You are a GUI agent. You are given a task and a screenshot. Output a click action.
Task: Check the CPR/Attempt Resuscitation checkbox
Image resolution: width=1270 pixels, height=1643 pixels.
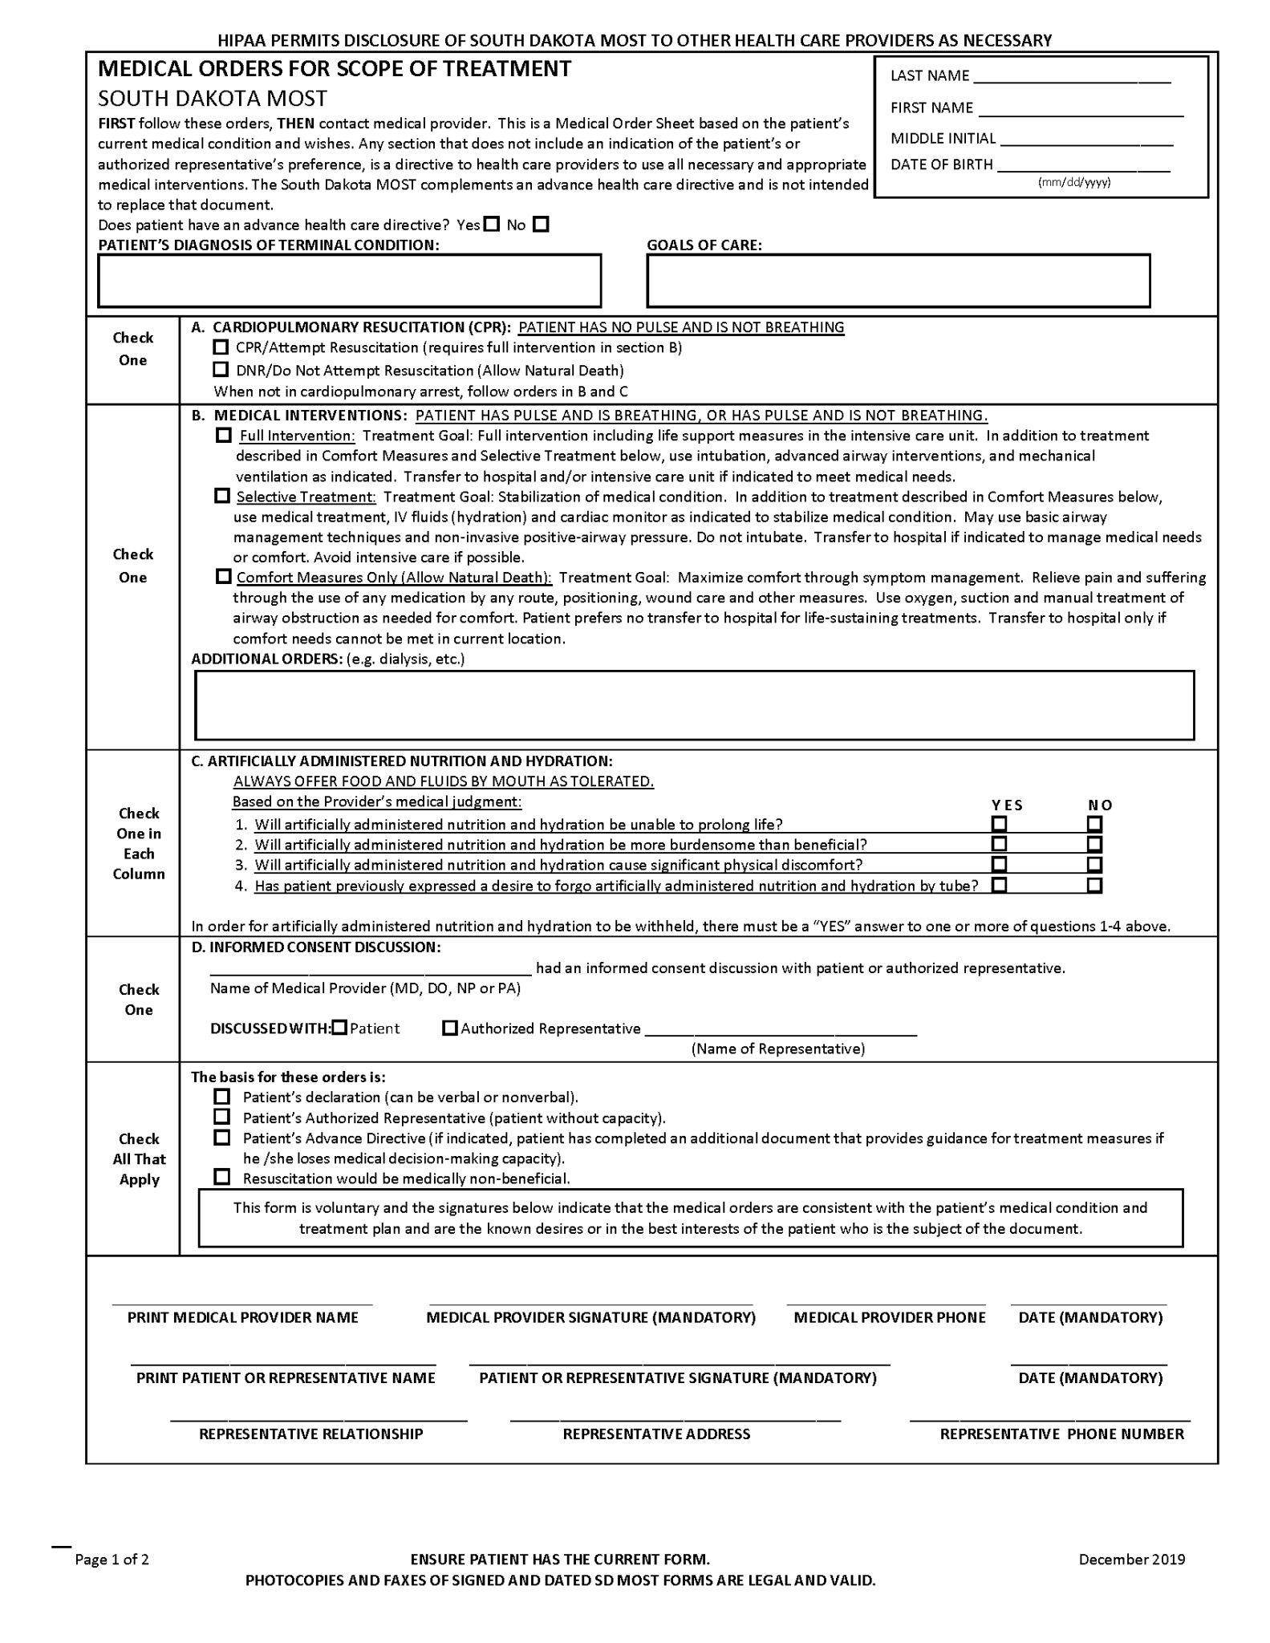(221, 347)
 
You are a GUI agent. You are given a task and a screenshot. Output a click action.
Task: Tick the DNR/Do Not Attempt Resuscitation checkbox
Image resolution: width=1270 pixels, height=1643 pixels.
(221, 370)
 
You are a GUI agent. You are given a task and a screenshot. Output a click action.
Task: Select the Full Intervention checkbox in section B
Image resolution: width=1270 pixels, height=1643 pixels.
(224, 436)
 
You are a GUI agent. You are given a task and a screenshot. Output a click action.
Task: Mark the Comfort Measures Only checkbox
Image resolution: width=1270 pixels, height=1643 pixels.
(223, 577)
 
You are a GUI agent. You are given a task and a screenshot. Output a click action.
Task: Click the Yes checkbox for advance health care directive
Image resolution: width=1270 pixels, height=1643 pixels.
(492, 225)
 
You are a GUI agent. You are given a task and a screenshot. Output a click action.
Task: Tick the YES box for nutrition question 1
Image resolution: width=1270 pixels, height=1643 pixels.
(999, 824)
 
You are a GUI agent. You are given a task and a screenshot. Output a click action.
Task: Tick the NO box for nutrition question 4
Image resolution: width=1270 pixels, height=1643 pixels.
(1094, 886)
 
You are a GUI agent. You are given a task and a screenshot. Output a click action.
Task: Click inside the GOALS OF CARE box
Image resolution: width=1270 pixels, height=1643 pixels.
(898, 281)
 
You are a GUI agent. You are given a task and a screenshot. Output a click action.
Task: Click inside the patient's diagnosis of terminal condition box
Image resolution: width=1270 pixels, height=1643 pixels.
(349, 281)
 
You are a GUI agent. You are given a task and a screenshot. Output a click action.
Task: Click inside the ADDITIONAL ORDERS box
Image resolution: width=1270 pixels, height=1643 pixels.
(694, 705)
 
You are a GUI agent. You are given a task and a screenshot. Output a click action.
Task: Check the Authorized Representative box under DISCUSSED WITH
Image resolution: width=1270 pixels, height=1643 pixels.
(450, 1028)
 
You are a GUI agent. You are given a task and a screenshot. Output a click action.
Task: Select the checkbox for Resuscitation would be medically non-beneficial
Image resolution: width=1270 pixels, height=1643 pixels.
(222, 1177)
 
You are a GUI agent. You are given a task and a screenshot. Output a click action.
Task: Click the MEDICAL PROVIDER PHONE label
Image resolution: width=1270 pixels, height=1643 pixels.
(889, 1317)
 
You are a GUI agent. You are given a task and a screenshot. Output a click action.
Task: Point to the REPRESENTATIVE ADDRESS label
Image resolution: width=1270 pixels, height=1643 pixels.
(656, 1434)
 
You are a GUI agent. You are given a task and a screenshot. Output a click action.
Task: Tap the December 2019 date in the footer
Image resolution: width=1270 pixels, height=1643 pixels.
(1131, 1560)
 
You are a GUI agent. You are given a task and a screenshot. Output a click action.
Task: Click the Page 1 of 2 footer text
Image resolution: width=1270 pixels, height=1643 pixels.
(112, 1560)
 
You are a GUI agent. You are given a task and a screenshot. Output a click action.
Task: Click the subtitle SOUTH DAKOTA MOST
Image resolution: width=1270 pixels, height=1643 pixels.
(213, 99)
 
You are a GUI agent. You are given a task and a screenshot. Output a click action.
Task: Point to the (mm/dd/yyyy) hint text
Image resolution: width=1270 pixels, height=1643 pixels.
(1073, 182)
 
